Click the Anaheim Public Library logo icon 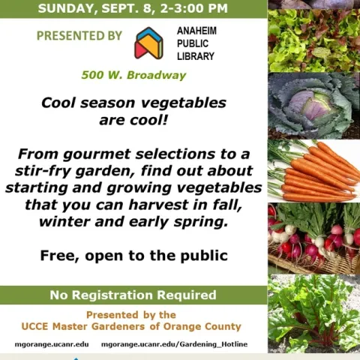click(148, 43)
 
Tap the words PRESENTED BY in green click(79, 36)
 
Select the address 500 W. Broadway click(133, 76)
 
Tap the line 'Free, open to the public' click(133, 256)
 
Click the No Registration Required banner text click(133, 295)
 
